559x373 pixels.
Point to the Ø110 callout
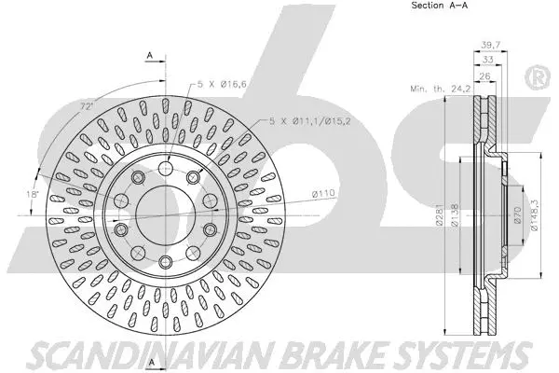coord(323,193)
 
